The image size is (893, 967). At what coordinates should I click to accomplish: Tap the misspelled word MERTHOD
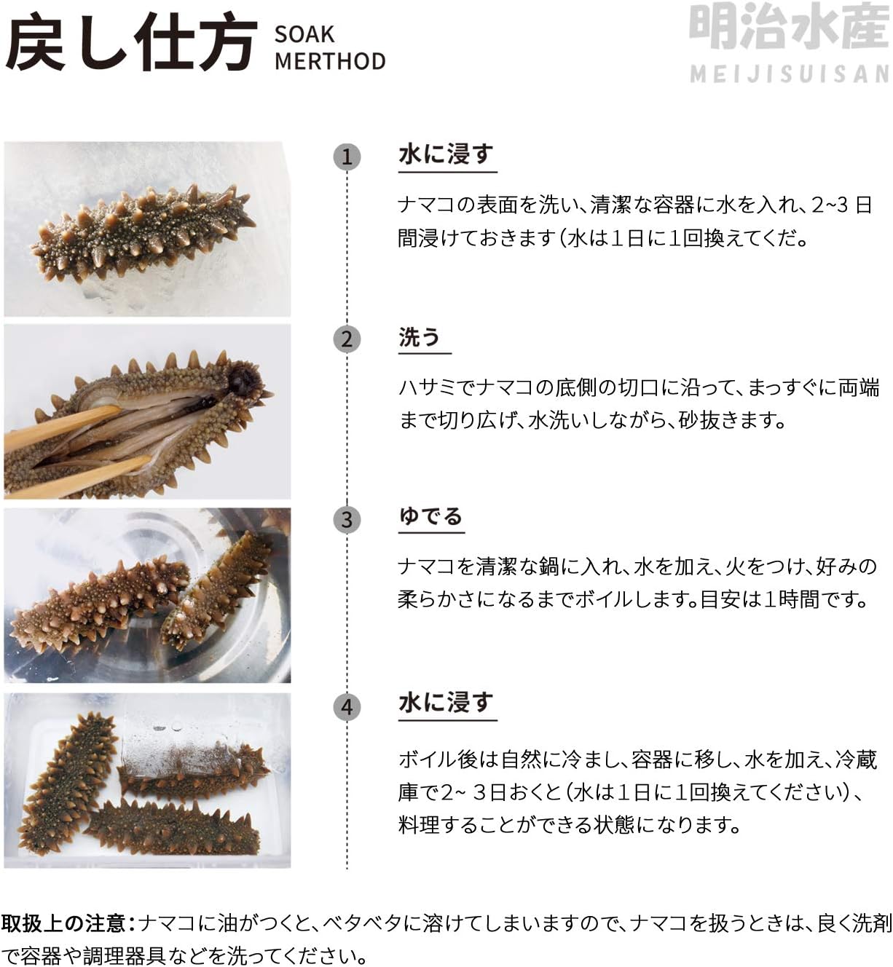click(x=330, y=62)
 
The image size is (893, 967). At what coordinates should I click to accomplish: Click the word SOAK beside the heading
click(x=304, y=34)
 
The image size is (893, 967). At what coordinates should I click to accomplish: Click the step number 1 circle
click(x=347, y=157)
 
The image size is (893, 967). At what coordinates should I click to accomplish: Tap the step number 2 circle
click(x=347, y=339)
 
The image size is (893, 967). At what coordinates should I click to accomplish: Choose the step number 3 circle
click(x=347, y=519)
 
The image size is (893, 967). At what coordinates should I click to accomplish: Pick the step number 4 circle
click(x=347, y=706)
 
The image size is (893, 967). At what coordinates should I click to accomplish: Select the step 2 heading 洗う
click(x=419, y=336)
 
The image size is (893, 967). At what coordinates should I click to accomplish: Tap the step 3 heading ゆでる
click(x=430, y=516)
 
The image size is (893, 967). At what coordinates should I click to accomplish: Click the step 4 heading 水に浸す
click(x=446, y=703)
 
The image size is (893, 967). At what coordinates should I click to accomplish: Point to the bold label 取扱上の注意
click(x=64, y=923)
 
